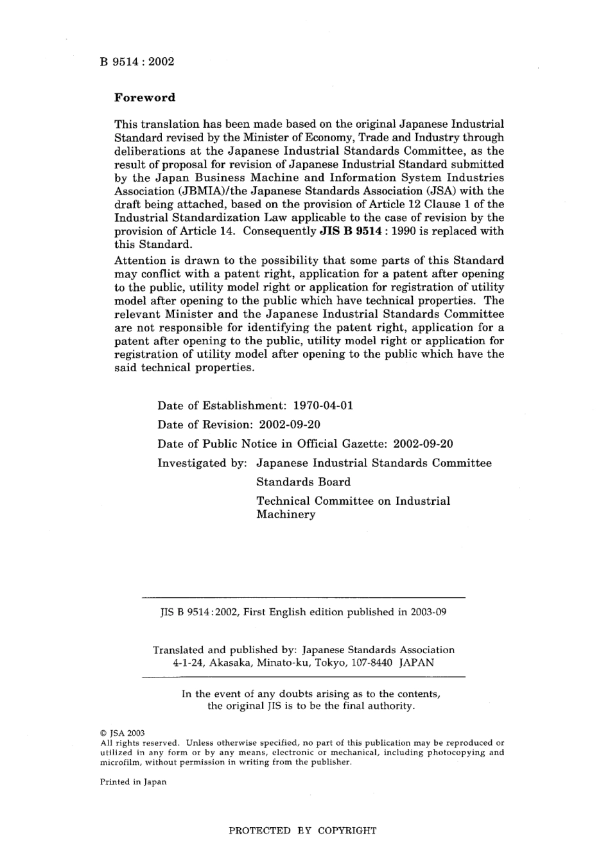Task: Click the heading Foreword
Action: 144,98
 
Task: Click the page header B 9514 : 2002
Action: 137,62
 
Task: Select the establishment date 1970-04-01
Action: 323,406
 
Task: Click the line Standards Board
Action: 303,482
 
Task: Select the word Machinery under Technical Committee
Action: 286,514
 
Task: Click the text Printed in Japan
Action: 133,782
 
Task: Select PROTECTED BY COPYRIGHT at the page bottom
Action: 302,830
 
